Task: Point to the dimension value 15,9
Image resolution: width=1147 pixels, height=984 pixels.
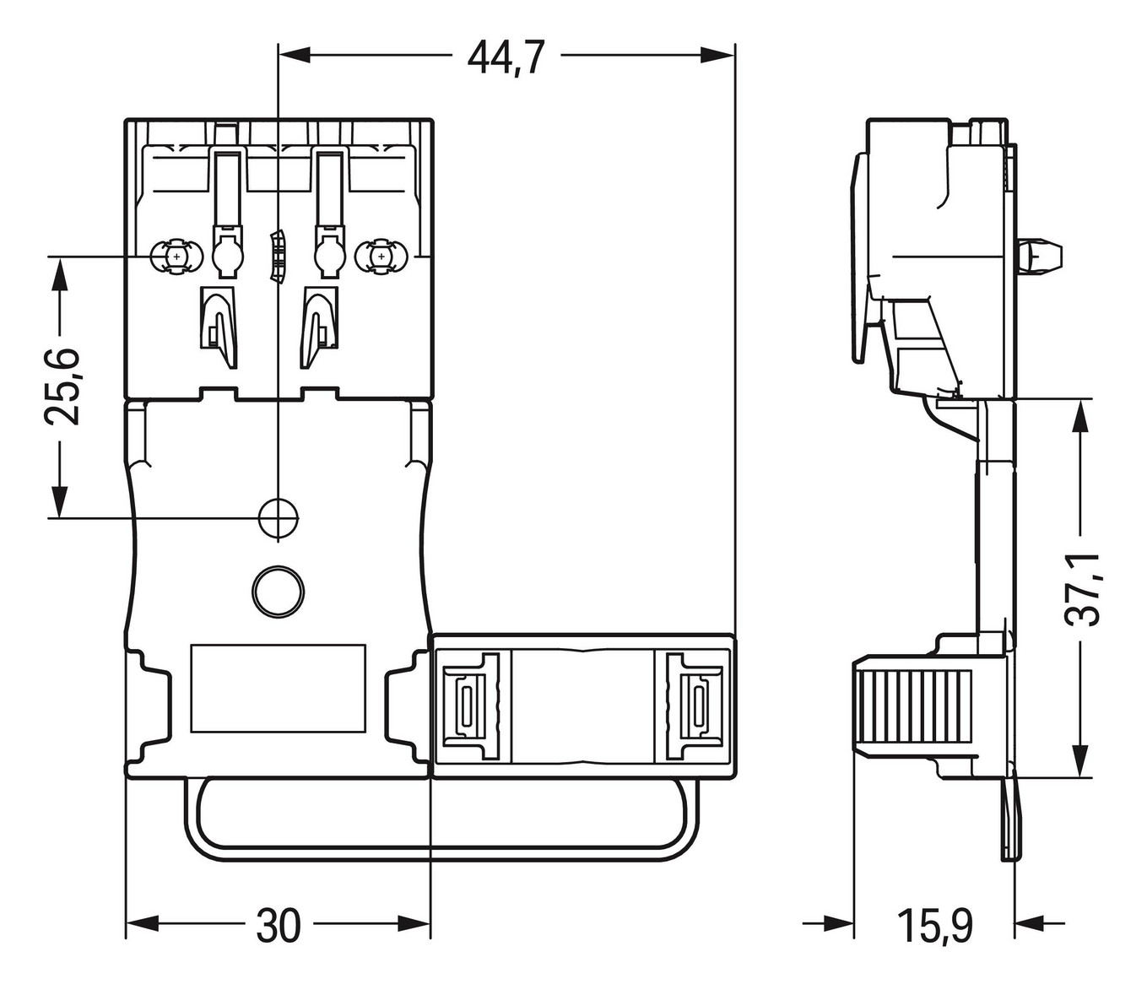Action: tap(934, 926)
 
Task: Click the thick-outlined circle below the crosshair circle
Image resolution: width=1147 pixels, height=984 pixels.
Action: tap(278, 590)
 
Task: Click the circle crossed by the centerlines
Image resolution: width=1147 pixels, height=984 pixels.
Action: tap(278, 517)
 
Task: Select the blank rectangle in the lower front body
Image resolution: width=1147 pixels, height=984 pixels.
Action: tap(278, 688)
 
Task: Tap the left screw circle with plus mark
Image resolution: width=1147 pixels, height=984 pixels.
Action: tap(176, 256)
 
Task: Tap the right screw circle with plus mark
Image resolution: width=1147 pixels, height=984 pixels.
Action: tap(381, 256)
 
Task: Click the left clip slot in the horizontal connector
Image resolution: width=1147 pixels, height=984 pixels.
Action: tap(467, 704)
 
